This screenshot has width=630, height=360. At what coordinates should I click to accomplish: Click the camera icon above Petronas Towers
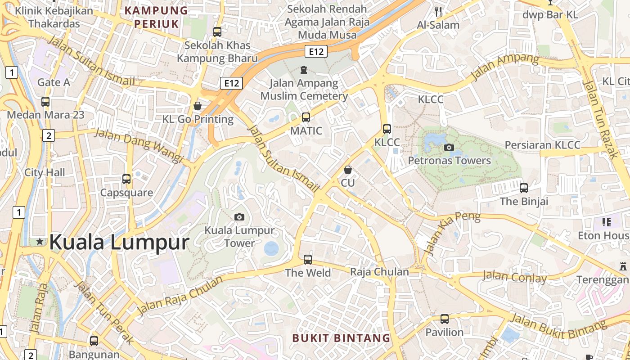[x=449, y=147]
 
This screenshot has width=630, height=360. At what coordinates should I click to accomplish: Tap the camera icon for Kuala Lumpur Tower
[x=239, y=217]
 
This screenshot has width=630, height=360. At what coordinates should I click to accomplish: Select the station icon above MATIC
[x=306, y=117]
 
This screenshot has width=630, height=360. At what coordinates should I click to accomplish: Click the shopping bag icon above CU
[x=347, y=170]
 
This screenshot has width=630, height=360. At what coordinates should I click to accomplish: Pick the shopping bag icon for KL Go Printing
[x=197, y=106]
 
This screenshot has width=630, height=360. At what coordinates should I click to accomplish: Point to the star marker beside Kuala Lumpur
[x=40, y=242]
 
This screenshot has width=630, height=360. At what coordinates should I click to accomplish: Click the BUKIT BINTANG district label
[x=341, y=338]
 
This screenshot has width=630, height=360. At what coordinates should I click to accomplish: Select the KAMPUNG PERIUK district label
[x=156, y=17]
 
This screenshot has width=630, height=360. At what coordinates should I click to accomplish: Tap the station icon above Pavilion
[x=445, y=319]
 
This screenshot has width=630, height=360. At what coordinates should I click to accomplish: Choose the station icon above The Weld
[x=308, y=260]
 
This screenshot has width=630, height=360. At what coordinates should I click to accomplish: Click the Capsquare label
[x=126, y=193]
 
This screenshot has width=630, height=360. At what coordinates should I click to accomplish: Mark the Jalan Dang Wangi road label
[x=139, y=146]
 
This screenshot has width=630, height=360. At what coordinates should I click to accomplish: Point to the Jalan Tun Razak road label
[x=600, y=119]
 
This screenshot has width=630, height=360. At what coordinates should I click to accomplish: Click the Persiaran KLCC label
[x=542, y=145]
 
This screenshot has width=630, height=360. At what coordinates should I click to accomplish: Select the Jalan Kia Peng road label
[x=452, y=233]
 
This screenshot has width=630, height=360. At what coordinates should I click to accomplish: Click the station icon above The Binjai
[x=524, y=188]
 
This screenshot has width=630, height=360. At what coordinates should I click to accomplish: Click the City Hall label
[x=45, y=172]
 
